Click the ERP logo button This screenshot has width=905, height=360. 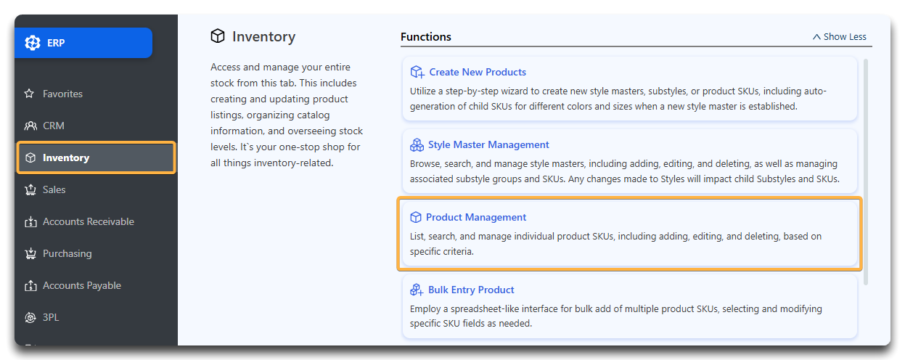point(83,43)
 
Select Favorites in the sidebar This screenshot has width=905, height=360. point(62,94)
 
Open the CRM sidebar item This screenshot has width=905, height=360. point(53,126)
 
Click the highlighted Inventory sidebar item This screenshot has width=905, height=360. point(96,157)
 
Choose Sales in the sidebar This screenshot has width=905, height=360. point(54,189)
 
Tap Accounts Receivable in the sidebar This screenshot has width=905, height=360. point(89,221)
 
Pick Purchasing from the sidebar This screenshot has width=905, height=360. point(67,253)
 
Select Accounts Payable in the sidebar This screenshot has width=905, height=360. point(82,285)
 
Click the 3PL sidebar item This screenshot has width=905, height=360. point(51,317)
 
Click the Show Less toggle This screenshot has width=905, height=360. point(840,37)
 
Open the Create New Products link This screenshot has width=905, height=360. point(478,72)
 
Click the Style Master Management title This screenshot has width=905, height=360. point(488,144)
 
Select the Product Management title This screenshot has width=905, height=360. point(476,217)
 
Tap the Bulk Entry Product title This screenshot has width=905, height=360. point(471,290)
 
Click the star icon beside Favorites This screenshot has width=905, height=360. point(29,94)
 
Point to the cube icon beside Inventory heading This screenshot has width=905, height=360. point(218,36)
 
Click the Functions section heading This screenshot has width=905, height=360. point(426,37)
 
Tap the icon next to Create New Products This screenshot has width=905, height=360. point(417,72)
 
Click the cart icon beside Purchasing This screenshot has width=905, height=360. point(30,253)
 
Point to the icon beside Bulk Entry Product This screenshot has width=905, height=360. point(417,290)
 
